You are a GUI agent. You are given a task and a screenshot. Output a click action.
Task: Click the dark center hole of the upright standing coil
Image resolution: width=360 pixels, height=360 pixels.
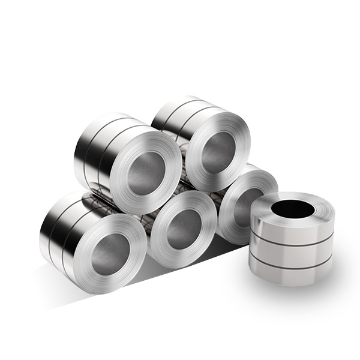pyautogui.click(x=292, y=209)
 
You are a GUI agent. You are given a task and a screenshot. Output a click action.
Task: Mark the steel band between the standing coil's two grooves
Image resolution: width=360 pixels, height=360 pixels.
pyautogui.click(x=291, y=252)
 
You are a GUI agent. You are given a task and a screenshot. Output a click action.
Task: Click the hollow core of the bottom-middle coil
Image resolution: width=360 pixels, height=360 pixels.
pyautogui.click(x=181, y=229)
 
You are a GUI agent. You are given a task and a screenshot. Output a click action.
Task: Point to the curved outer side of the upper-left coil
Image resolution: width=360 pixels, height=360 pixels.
pyautogui.click(x=96, y=150)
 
